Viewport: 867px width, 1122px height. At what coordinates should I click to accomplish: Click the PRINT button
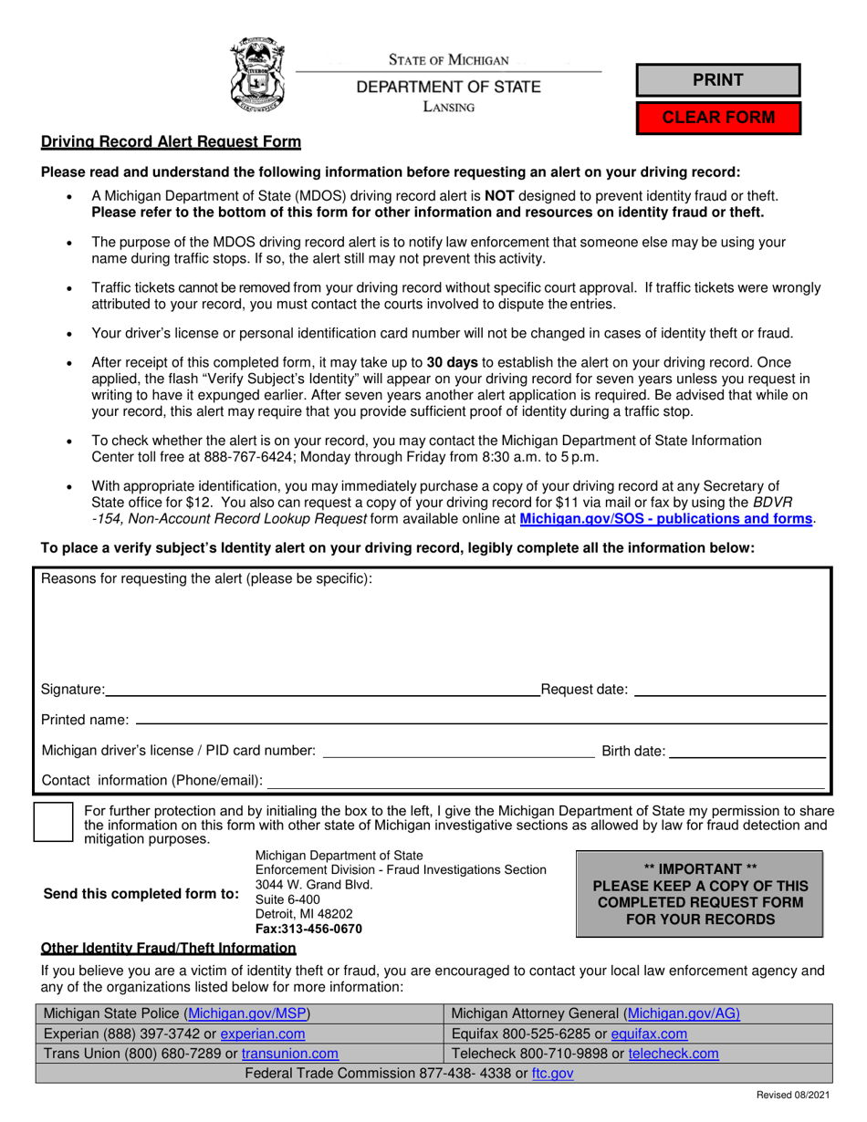pyautogui.click(x=717, y=80)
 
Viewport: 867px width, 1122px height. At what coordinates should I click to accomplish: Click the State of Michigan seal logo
pyautogui.click(x=257, y=74)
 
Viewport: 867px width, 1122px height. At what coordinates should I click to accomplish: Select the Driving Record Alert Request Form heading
pyautogui.click(x=171, y=142)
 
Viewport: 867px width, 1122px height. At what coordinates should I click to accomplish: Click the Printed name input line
pyautogui.click(x=480, y=720)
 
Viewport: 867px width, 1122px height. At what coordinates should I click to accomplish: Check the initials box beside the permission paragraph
pyautogui.click(x=53, y=822)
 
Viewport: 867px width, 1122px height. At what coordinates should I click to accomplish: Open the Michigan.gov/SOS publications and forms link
pyautogui.click(x=665, y=519)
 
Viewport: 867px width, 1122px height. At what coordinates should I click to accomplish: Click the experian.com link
pyautogui.click(x=263, y=1034)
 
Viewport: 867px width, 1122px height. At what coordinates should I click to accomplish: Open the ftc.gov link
pyautogui.click(x=552, y=1074)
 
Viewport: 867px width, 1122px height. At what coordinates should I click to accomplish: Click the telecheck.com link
pyautogui.click(x=673, y=1054)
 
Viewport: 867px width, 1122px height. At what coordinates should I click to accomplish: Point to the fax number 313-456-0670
pyautogui.click(x=308, y=929)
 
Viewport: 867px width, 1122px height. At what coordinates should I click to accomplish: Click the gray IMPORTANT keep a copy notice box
pyautogui.click(x=700, y=894)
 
